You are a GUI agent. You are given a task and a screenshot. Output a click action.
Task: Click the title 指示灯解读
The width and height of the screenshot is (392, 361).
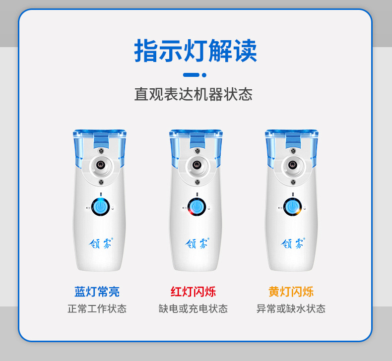(x=196, y=51)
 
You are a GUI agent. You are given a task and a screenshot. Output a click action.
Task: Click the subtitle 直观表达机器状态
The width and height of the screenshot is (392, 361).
(x=193, y=94)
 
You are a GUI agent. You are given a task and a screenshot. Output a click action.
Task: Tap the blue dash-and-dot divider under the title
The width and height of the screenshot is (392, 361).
(x=195, y=75)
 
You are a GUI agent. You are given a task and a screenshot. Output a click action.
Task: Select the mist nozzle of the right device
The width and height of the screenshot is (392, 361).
(x=292, y=165)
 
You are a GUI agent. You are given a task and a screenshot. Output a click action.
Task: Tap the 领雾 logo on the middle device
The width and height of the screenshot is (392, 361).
(x=197, y=243)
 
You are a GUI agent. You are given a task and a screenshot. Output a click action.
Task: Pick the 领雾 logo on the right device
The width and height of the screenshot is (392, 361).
(x=293, y=243)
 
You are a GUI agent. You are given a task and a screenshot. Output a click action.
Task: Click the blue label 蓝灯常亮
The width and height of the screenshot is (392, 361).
(x=97, y=292)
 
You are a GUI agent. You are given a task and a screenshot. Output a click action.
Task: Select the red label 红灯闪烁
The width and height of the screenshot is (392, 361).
(x=193, y=292)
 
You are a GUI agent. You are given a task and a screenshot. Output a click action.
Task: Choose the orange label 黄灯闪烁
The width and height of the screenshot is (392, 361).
(x=291, y=292)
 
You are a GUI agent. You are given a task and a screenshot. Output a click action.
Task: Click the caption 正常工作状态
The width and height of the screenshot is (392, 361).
(x=97, y=309)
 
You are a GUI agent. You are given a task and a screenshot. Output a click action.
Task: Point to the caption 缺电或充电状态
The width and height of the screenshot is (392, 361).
(x=193, y=309)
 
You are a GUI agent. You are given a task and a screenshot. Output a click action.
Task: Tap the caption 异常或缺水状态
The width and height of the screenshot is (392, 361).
(x=291, y=309)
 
